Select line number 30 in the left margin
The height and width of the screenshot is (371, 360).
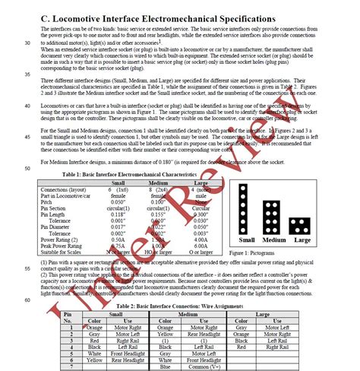click(28, 43)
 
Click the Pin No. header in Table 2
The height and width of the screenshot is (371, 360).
click(68, 316)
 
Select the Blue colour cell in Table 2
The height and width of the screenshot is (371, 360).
click(185, 366)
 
